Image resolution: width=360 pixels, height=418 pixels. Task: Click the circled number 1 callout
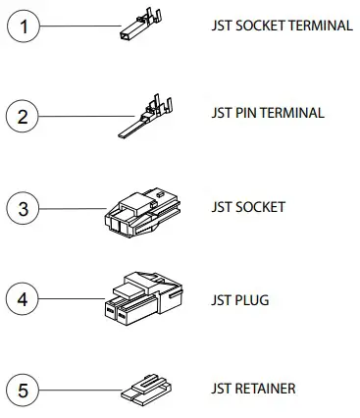point(26,26)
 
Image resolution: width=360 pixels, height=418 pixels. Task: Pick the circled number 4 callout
point(26,297)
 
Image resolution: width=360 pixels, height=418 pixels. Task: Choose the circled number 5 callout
point(26,390)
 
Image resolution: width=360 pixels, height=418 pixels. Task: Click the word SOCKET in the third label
point(260,207)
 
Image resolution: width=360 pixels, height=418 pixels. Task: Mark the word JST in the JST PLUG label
point(221,299)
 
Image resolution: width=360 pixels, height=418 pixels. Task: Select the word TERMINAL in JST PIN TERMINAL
point(293,113)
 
